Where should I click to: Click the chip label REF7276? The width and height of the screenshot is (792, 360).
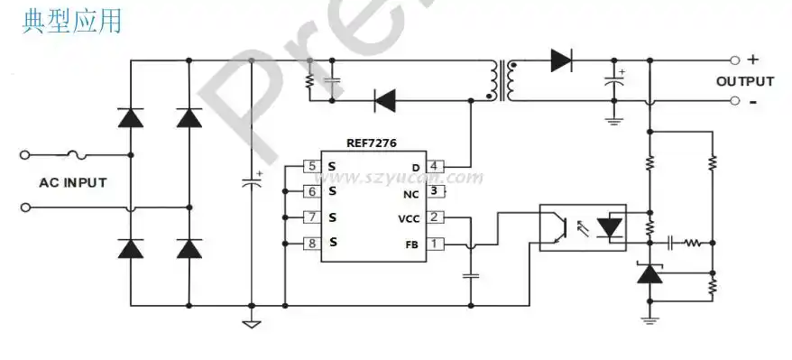pyautogui.click(x=371, y=143)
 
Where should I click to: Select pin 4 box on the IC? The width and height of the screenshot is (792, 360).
pyautogui.click(x=435, y=167)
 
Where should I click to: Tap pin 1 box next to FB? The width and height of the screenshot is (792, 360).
pyautogui.click(x=435, y=244)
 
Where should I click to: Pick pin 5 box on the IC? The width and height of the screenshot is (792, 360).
pyautogui.click(x=312, y=167)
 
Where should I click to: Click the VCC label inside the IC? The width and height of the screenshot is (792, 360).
pyautogui.click(x=408, y=218)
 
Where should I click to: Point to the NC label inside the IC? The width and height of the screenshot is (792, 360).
pyautogui.click(x=410, y=193)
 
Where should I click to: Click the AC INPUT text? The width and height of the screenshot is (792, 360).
pyautogui.click(x=72, y=182)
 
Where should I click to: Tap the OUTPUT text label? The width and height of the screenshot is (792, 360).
pyautogui.click(x=746, y=81)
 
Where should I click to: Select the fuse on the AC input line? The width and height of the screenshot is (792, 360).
pyautogui.click(x=79, y=154)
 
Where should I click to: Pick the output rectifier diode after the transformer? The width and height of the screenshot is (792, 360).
pyautogui.click(x=561, y=60)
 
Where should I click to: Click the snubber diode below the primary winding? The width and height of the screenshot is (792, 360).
pyautogui.click(x=385, y=99)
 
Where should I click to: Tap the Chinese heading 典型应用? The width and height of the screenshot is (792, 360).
pyautogui.click(x=71, y=22)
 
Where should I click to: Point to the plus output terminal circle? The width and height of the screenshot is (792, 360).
pyautogui.click(x=735, y=60)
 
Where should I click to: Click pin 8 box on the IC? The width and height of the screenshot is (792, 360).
pyautogui.click(x=312, y=243)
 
